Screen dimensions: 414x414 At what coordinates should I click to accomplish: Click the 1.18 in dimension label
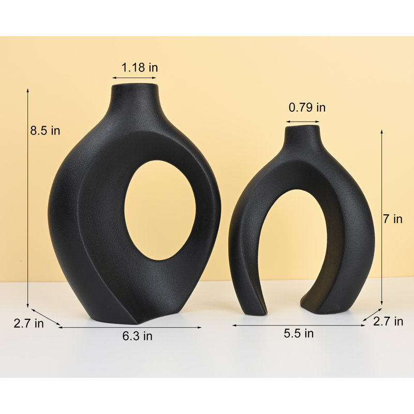pos(140,67)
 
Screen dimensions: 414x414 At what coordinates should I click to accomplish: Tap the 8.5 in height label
pos(45,131)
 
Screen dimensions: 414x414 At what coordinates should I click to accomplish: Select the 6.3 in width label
pos(137,336)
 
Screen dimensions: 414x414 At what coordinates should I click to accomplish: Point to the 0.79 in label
pos(307,108)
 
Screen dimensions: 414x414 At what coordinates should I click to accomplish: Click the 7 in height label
pos(392,219)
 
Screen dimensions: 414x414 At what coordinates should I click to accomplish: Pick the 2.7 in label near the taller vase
pos(28,324)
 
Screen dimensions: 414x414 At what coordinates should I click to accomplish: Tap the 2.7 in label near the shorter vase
pos(388,321)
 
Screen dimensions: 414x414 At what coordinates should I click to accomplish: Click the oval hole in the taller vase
pos(160,210)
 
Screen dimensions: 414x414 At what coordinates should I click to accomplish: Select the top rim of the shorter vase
pos(302,126)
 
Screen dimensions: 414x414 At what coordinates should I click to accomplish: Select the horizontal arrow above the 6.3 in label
pos(129,327)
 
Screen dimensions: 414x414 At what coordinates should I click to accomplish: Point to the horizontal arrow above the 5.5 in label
pos(299,325)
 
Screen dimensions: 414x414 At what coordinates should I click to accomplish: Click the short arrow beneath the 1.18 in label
pos(135,78)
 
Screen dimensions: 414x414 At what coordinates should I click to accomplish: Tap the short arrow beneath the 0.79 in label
pos(302,122)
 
